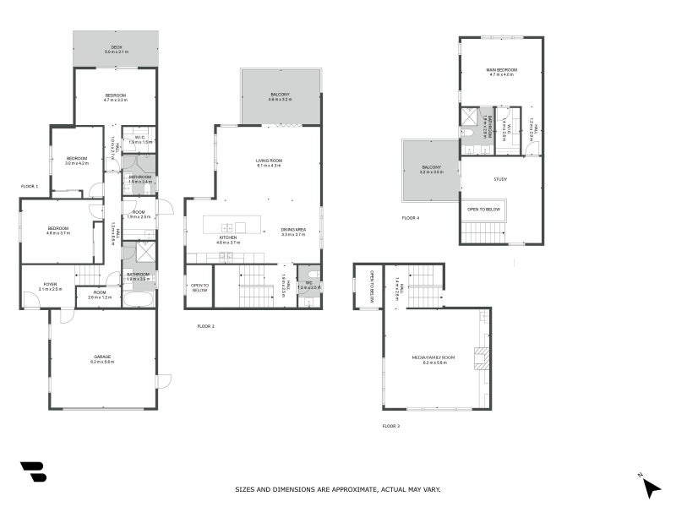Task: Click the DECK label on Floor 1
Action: (115, 47)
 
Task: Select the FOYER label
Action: (51, 285)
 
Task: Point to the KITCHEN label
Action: (228, 238)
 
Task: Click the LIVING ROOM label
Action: (270, 160)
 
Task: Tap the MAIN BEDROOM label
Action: (501, 69)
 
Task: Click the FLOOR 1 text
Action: (30, 186)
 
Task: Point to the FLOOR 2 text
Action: (206, 325)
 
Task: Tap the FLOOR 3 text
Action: (391, 426)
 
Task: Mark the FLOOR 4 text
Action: (411, 218)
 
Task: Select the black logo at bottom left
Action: (33, 472)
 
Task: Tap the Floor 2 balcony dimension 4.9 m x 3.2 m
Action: (280, 100)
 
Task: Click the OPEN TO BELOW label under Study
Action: (483, 209)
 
